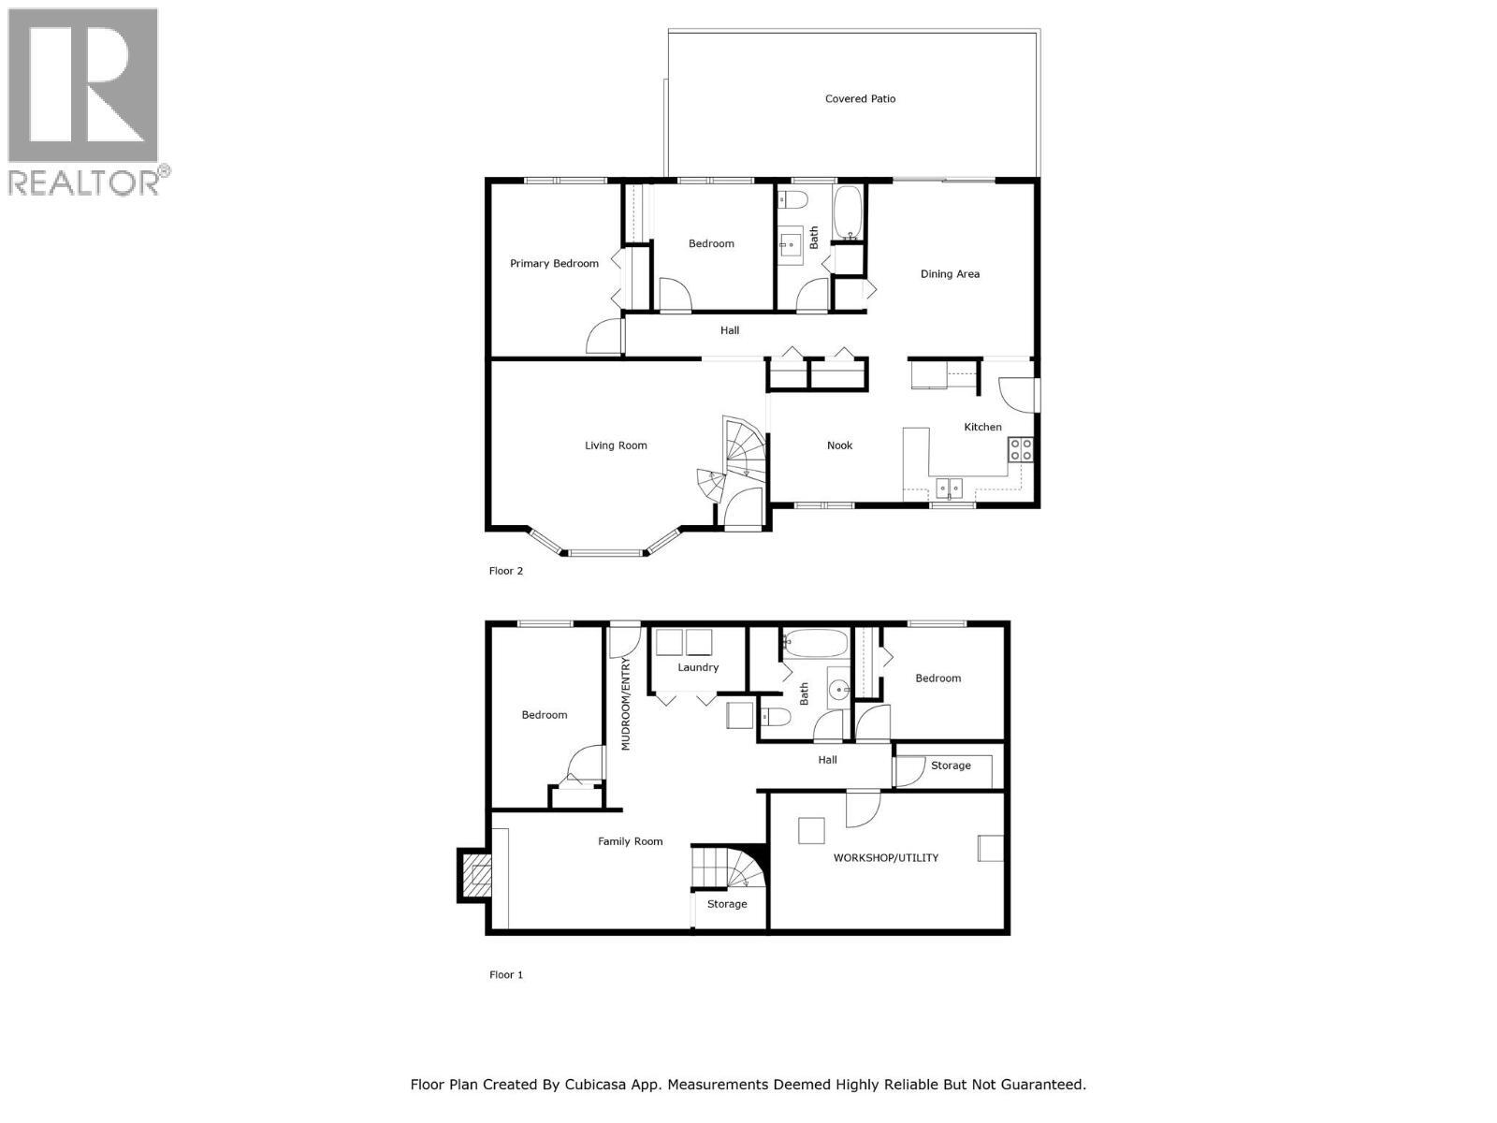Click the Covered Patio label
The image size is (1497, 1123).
[x=860, y=98]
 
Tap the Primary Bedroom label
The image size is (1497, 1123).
[x=554, y=263]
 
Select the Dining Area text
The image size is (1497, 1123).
[x=950, y=274]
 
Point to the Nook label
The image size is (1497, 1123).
[x=839, y=445]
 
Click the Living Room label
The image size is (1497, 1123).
[x=616, y=445]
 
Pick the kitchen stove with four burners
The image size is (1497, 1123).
[x=1020, y=449]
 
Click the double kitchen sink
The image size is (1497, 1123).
[x=951, y=488]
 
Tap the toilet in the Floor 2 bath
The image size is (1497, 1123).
[x=794, y=199]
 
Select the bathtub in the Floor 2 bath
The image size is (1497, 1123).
[x=848, y=211]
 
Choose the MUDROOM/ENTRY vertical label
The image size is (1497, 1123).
[x=626, y=704]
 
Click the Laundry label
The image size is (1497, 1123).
[x=698, y=667]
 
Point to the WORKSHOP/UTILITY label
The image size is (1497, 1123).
[x=885, y=857]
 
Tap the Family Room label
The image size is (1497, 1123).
[x=630, y=841]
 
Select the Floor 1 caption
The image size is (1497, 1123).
[x=506, y=974]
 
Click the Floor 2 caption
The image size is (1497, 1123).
[x=506, y=571]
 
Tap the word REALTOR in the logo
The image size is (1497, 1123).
[x=84, y=182]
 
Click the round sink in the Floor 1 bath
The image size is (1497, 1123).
[x=839, y=691]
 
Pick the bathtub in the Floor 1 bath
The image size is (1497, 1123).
[x=815, y=643]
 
